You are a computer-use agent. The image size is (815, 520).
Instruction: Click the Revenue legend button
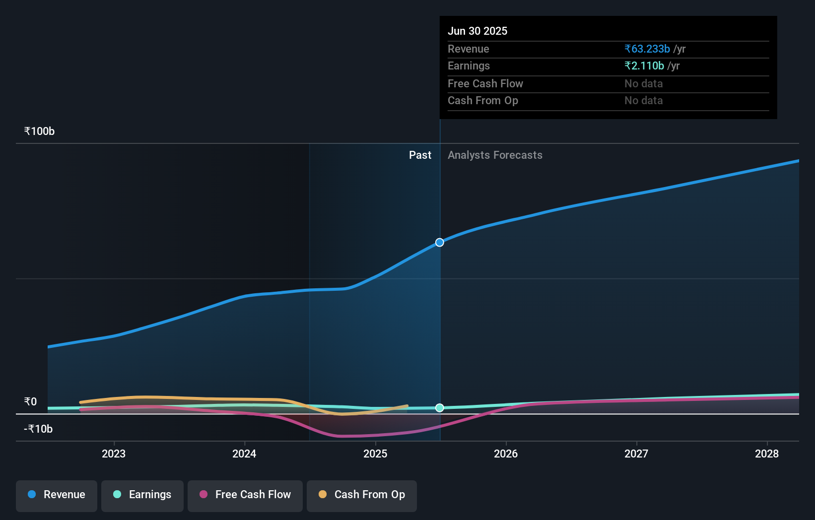click(x=57, y=495)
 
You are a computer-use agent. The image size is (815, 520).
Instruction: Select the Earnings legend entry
click(x=142, y=495)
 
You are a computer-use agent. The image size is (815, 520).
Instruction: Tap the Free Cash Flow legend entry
click(x=245, y=495)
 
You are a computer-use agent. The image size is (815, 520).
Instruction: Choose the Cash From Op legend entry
click(x=362, y=495)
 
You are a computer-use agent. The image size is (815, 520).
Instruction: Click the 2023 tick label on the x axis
click(x=114, y=454)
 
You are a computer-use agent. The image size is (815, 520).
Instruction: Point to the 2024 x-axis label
click(x=244, y=454)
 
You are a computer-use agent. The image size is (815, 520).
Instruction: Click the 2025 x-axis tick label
click(x=375, y=454)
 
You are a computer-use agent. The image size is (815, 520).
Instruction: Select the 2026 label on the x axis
click(x=506, y=454)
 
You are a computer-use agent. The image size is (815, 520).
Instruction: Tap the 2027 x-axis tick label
click(x=636, y=454)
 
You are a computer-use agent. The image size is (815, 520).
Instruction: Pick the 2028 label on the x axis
click(x=767, y=454)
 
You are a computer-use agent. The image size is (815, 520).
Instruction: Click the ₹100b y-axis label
click(x=39, y=131)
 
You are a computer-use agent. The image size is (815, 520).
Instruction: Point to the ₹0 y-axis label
click(x=30, y=402)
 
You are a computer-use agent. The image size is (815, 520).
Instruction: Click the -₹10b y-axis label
click(x=38, y=429)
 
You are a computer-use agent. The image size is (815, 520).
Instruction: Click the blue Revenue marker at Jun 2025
click(x=440, y=243)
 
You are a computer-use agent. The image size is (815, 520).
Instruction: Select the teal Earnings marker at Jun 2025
click(x=440, y=408)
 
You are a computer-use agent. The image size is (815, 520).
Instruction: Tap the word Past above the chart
click(x=420, y=155)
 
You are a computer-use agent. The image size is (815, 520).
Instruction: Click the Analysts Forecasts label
click(x=495, y=155)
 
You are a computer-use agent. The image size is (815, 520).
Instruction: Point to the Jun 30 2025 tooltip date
click(x=477, y=31)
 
